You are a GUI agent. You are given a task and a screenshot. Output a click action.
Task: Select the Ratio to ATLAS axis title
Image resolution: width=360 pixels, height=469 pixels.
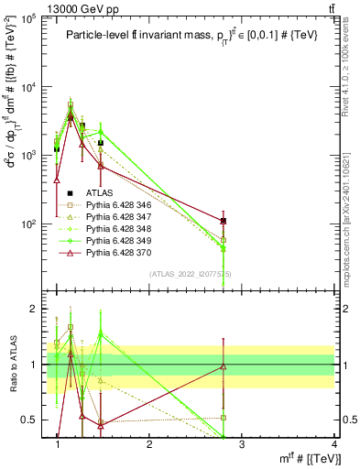click(12, 365)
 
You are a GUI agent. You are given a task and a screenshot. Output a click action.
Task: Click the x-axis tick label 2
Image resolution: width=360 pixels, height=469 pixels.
click(149, 445)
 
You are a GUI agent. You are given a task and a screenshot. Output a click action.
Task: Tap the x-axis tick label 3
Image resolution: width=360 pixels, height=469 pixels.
click(241, 445)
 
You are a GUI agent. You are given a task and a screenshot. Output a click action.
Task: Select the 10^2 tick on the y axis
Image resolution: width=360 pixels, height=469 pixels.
click(31, 224)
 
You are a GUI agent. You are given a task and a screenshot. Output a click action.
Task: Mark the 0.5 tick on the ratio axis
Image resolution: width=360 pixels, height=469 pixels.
click(31, 420)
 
